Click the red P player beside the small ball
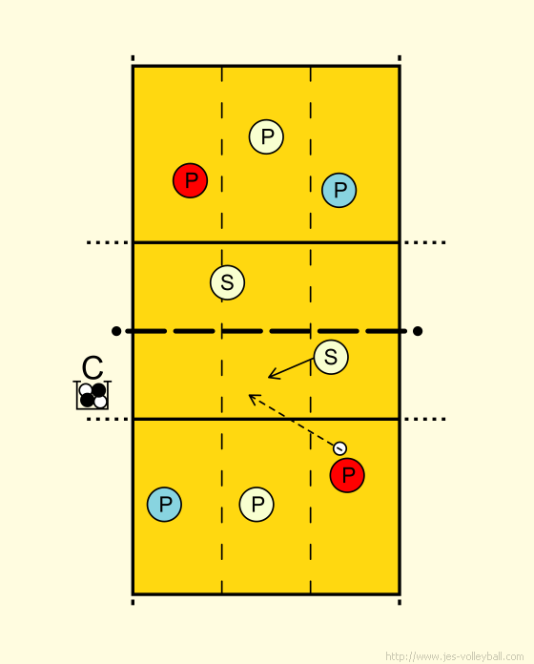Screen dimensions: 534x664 click(347, 475)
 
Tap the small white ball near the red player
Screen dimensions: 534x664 click(339, 448)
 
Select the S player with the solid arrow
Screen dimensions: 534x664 click(331, 357)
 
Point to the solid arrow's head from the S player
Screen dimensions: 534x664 click(269, 377)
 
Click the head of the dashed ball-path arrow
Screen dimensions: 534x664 click(249, 395)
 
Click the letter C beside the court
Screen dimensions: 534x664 click(92, 367)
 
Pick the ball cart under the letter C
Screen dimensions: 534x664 click(92, 396)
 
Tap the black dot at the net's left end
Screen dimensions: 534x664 click(116, 331)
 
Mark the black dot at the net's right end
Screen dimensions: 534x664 click(418, 331)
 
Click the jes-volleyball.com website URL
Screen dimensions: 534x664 click(455, 656)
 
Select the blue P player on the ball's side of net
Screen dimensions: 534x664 click(164, 504)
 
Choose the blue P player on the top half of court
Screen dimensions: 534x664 click(339, 190)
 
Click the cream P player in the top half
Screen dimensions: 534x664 click(266, 136)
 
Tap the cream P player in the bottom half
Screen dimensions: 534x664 click(257, 504)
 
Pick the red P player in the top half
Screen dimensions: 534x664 click(191, 180)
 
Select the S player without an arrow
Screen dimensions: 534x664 click(227, 282)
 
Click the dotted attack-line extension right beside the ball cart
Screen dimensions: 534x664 click(108, 419)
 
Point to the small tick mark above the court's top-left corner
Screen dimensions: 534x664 click(133, 58)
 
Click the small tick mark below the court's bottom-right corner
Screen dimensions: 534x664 click(400, 602)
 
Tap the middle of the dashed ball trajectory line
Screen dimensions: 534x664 click(295, 421)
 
